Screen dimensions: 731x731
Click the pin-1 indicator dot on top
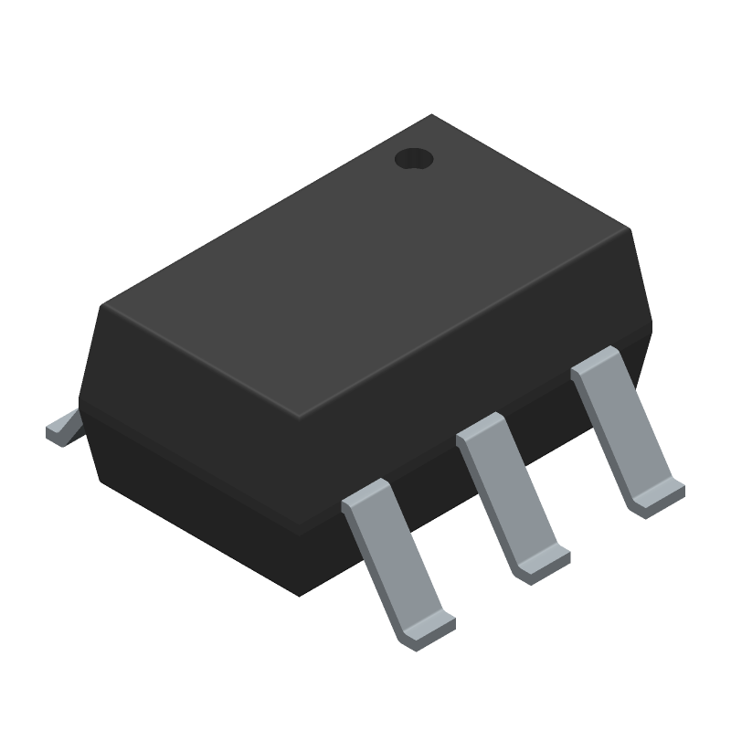(x=414, y=159)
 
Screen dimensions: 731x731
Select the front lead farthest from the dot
(x=397, y=561)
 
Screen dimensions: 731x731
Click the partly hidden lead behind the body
(x=63, y=429)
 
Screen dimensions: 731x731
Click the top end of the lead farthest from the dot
(x=365, y=497)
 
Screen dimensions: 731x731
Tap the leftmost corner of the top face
(x=102, y=305)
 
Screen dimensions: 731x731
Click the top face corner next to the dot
(x=432, y=116)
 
